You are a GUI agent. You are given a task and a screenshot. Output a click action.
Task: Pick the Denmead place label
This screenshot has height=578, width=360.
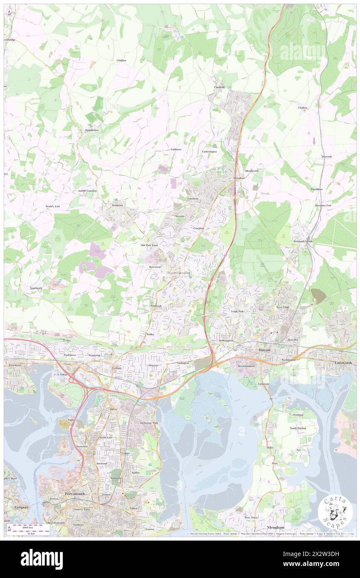click(118, 205)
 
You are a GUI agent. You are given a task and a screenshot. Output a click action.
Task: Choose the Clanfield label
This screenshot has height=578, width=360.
click(219, 87)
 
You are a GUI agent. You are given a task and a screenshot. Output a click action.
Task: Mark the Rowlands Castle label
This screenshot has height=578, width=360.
click(302, 242)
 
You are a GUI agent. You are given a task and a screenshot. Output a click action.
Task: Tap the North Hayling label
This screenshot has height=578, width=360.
click(298, 428)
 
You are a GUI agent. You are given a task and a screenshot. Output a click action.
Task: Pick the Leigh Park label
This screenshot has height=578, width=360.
click(237, 311)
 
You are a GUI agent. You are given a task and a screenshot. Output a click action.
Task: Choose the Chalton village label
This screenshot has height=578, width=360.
click(302, 108)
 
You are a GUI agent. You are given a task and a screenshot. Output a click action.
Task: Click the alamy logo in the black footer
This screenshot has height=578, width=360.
click(42, 559)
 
